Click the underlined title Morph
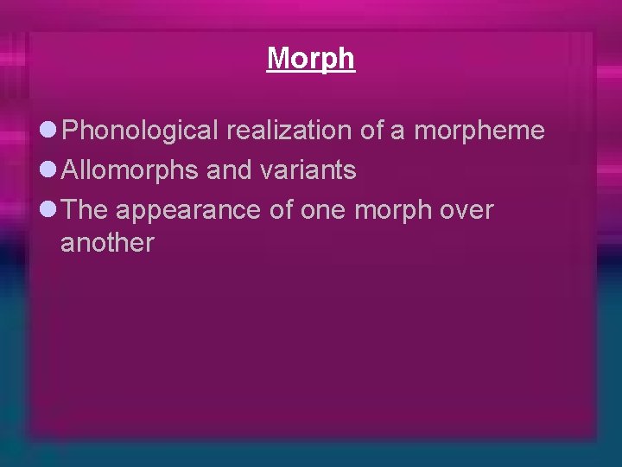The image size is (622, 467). (310, 58)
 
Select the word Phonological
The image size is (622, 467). (141, 131)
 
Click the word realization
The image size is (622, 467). (289, 131)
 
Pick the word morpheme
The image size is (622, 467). (479, 131)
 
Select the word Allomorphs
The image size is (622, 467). (130, 170)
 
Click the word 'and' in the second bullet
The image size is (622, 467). (229, 170)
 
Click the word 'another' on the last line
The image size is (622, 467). (107, 243)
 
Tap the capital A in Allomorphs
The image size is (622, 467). (72, 170)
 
